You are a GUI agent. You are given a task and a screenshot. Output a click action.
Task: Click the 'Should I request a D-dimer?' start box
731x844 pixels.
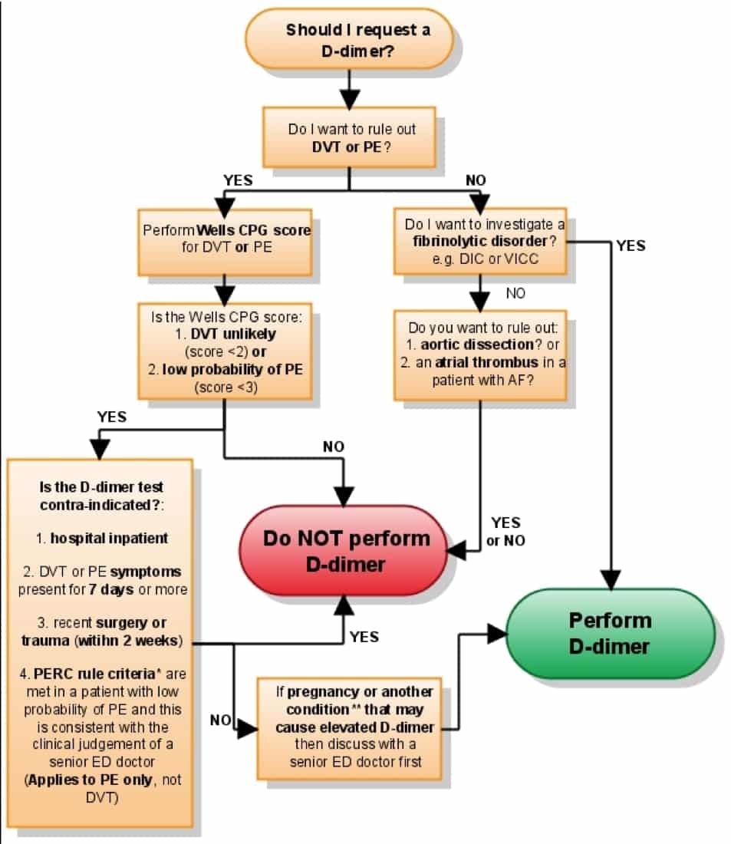click(349, 39)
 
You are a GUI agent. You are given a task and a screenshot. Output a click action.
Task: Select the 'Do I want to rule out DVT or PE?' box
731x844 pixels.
click(349, 137)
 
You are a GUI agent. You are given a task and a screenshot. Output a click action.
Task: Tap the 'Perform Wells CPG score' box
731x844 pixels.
click(225, 242)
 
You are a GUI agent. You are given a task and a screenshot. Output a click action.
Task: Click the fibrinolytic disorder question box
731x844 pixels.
click(480, 241)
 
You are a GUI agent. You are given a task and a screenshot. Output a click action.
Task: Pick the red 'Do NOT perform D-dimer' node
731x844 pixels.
click(344, 550)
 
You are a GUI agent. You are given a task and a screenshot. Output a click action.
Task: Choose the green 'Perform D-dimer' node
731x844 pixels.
click(611, 633)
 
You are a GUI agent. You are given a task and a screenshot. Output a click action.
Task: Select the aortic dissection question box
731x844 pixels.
click(480, 355)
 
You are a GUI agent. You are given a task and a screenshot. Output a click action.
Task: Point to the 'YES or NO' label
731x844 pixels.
click(506, 531)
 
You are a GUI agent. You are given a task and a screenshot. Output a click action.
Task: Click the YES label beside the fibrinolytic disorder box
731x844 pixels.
click(631, 246)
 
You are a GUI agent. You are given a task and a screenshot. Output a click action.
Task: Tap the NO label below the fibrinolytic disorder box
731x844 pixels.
click(515, 293)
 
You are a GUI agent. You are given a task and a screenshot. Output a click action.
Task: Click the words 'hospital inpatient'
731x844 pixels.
click(109, 539)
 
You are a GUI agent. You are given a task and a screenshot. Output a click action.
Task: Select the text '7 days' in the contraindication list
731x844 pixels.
click(111, 589)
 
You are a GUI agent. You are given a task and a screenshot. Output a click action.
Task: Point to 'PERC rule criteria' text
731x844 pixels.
click(94, 674)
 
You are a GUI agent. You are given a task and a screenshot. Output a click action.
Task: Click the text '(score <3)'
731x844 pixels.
click(226, 387)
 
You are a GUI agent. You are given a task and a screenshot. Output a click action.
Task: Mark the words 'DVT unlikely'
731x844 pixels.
click(233, 334)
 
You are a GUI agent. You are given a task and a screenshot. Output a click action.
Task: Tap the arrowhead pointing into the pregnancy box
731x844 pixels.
click(248, 729)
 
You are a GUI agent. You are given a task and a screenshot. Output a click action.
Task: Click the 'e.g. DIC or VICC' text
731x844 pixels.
click(485, 259)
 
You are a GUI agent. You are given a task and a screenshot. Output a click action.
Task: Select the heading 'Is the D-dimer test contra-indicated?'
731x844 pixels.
click(101, 496)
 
